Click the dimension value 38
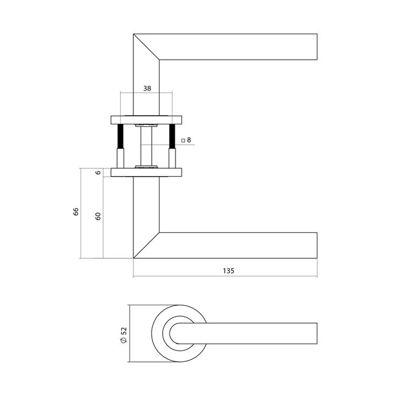pyautogui.click(x=146, y=88)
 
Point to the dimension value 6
pyautogui.click(x=97, y=172)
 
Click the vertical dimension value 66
pyautogui.click(x=76, y=212)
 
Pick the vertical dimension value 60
pyautogui.click(x=97, y=216)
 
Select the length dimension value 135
pyautogui.click(x=225, y=270)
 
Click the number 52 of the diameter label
pyautogui.click(x=124, y=331)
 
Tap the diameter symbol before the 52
pyautogui.click(x=124, y=344)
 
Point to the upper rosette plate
pyautogui.click(x=146, y=119)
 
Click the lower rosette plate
pyautogui.click(x=146, y=172)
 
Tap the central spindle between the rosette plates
pyautogui.click(x=146, y=145)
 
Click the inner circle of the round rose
pyautogui.click(x=180, y=336)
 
